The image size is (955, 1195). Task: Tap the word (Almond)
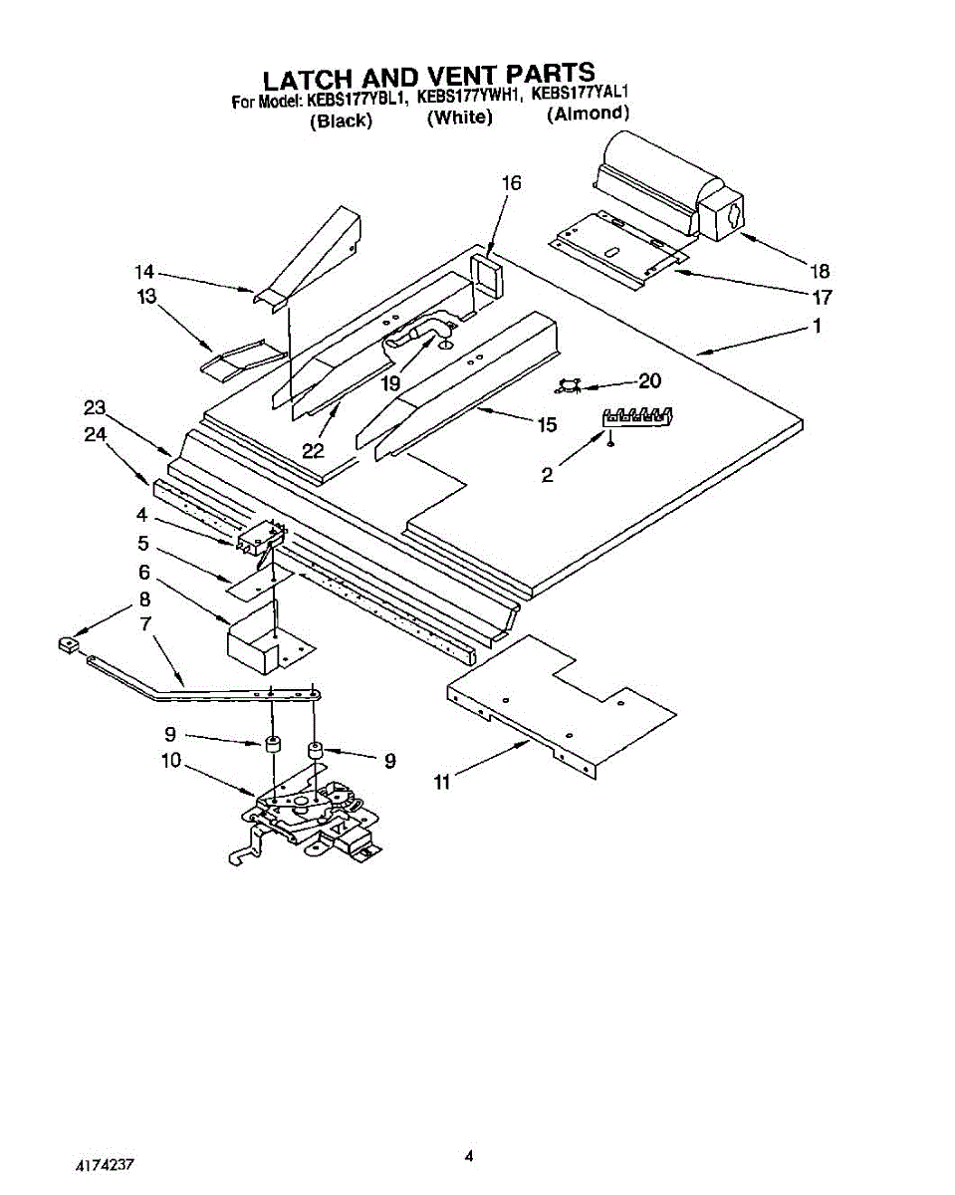tap(588, 114)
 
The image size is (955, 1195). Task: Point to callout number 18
tap(820, 271)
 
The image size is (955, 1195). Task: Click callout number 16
tap(512, 183)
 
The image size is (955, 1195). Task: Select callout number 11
tap(442, 783)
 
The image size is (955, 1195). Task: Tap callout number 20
tap(649, 380)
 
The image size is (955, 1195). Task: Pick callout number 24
tap(95, 434)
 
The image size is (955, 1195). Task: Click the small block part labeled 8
tap(68, 645)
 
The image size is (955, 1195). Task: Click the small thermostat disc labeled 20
tap(568, 384)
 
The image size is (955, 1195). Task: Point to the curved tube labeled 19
tap(421, 332)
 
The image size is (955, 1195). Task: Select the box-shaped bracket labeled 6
tap(266, 638)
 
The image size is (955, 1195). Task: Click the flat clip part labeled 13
tap(242, 359)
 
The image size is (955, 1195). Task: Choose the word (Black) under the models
tap(341, 120)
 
